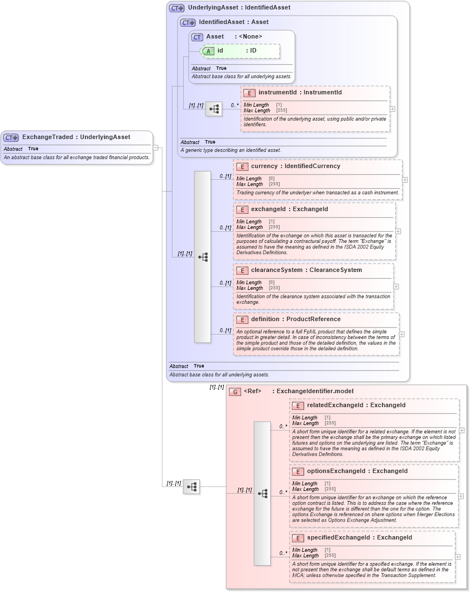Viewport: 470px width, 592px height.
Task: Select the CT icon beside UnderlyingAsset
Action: (177, 8)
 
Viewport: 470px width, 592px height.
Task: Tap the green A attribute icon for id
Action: (208, 51)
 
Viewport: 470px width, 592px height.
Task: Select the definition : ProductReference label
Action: (295, 319)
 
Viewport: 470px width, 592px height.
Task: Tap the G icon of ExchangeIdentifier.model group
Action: (235, 392)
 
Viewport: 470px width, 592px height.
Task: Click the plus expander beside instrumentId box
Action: (392, 109)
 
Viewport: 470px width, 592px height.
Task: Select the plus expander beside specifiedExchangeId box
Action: (458, 557)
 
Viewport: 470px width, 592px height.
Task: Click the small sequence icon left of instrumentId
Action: (213, 109)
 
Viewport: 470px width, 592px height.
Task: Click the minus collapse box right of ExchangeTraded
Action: (156, 148)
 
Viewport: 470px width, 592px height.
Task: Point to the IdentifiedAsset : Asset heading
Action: (233, 22)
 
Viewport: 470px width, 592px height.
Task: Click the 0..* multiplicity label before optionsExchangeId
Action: (284, 493)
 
